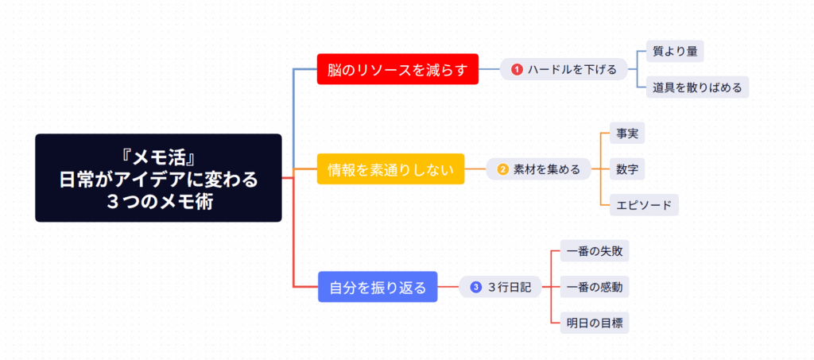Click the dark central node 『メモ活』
[158, 177]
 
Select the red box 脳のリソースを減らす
[397, 70]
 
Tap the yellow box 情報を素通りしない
[390, 168]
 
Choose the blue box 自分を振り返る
[378, 287]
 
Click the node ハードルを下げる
[564, 70]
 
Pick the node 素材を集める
[538, 168]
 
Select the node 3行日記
[500, 287]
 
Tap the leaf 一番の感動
[595, 287]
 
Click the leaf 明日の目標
[595, 322]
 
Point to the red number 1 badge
[517, 70]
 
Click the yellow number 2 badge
[502, 168]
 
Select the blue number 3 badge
[476, 287]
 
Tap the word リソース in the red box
[383, 70]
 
